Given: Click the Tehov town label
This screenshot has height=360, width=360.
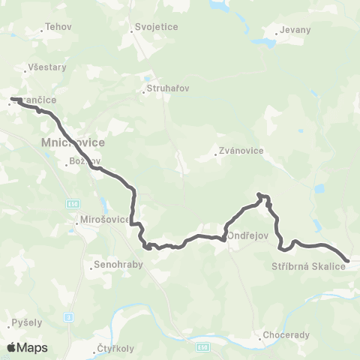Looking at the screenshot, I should (x=58, y=26).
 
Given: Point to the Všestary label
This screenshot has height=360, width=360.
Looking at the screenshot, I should (x=46, y=67).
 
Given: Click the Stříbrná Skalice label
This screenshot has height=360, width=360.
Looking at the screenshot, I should (x=307, y=265).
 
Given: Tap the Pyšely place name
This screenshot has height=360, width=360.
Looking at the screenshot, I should (x=27, y=322).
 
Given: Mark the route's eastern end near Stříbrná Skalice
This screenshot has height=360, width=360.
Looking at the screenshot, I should (x=347, y=261).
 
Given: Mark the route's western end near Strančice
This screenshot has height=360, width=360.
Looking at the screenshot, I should (x=12, y=98).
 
